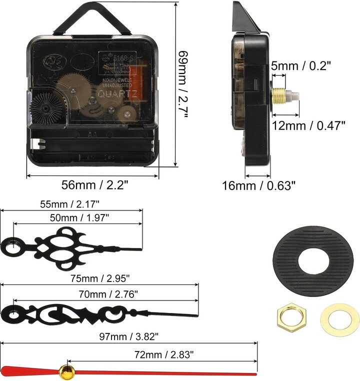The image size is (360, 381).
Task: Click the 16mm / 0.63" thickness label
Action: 258,186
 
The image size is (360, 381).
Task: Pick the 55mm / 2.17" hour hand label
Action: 70,204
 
